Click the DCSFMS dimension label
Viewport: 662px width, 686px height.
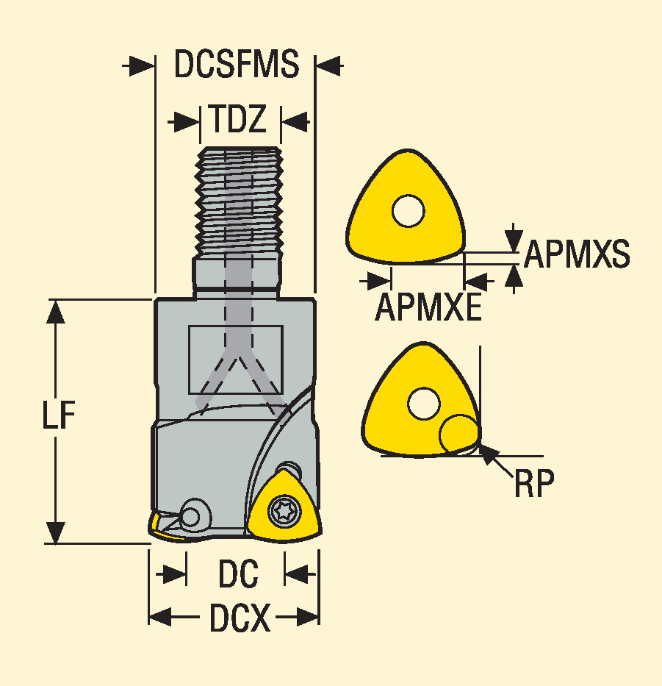236,65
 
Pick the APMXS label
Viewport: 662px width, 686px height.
577,255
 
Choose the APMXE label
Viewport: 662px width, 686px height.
428,307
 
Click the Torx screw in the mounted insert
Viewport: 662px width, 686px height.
281,510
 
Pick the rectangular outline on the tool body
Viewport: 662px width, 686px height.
235,359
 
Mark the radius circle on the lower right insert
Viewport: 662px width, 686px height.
458,433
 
